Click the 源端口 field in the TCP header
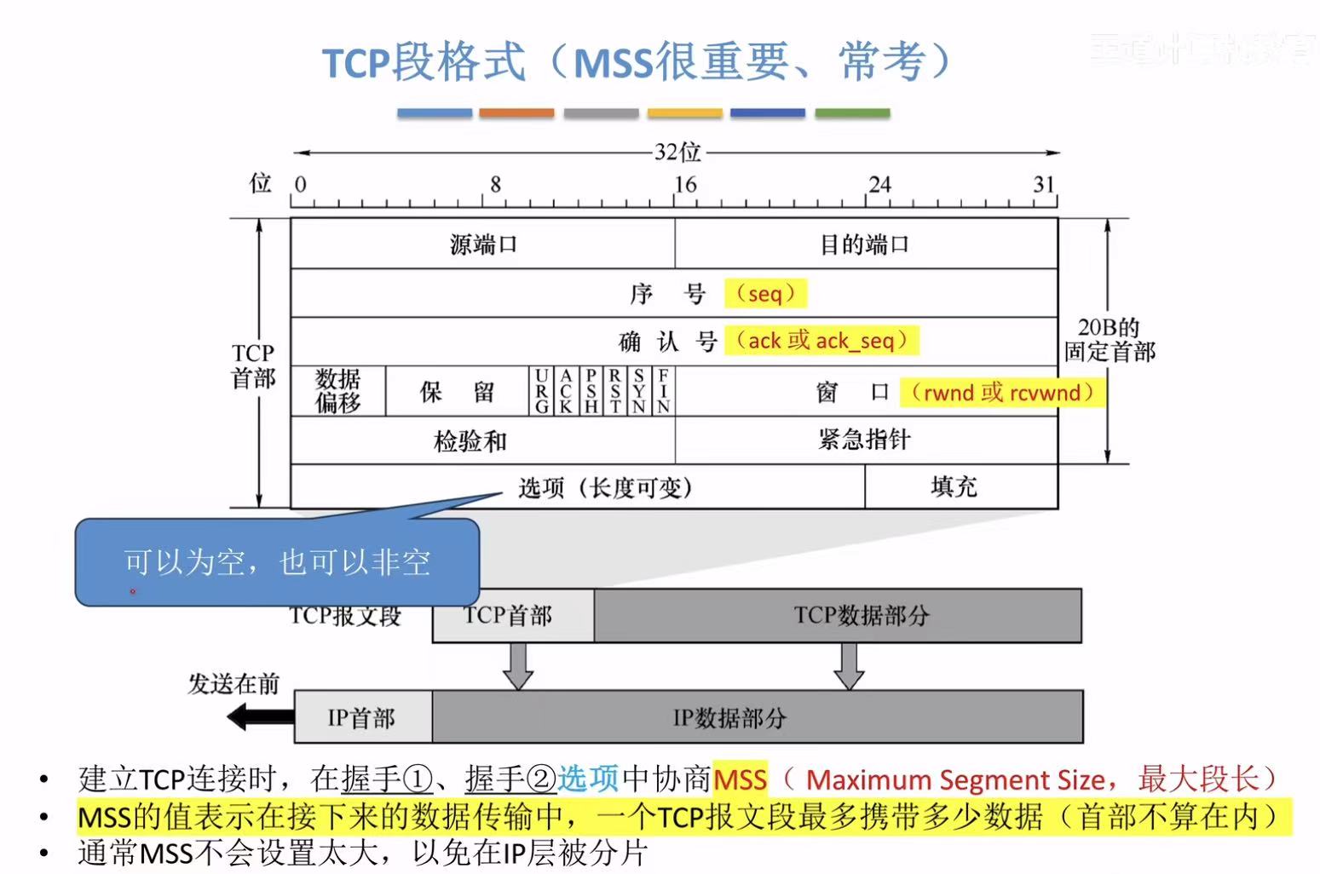pos(482,244)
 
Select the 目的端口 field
pos(865,244)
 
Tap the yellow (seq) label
pos(765,294)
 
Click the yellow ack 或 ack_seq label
pos(822,341)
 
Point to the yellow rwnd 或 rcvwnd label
pos(1002,393)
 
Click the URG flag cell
pos(541,392)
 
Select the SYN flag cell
pos(638,392)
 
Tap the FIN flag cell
pos(663,392)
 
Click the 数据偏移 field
pos(338,391)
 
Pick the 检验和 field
pos(470,440)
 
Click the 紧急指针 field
pos(865,440)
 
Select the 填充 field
pos(954,486)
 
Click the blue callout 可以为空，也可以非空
pos(277,562)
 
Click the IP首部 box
pos(362,718)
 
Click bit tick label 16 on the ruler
pos(685,185)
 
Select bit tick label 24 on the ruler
pos(879,185)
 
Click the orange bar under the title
pos(516,112)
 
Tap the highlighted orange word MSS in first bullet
pos(740,779)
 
